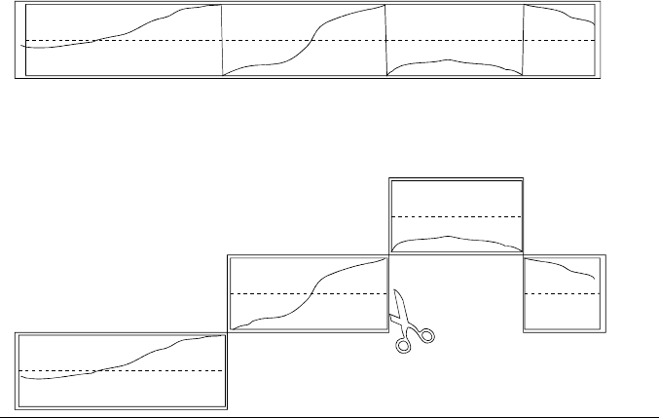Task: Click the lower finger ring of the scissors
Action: coord(402,344)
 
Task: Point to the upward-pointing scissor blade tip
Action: coord(394,290)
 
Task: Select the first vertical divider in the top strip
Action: coord(223,39)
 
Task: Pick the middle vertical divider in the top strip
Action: coord(387,39)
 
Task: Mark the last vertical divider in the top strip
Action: coord(524,39)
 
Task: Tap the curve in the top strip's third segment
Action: coord(448,60)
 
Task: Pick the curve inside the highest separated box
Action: coord(448,237)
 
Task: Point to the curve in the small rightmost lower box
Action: coord(565,266)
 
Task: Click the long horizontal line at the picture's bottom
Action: coord(329,415)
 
